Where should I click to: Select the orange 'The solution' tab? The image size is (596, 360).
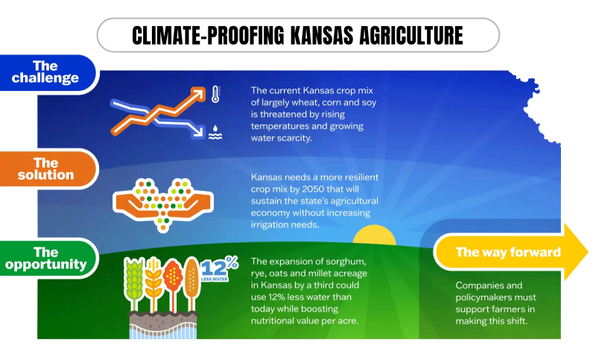click(46, 168)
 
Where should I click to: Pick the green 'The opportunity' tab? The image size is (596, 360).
click(45, 258)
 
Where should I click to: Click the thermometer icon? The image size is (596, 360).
click(215, 95)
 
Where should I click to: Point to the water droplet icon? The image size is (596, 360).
click(215, 132)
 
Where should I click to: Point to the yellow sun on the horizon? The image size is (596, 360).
click(373, 237)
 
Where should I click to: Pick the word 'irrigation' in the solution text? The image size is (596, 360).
click(277, 224)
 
